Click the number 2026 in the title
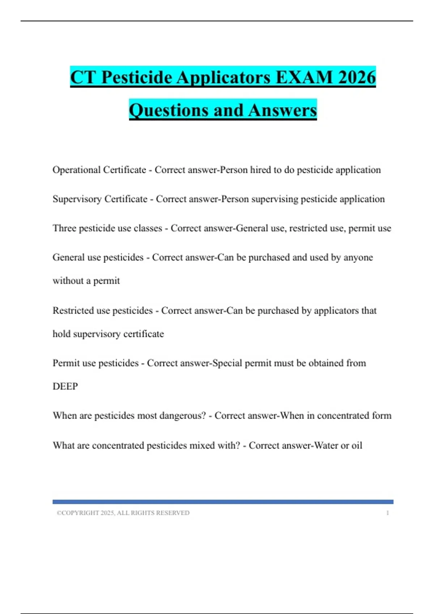pos(357,77)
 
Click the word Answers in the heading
pos(282,110)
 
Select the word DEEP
pos(65,386)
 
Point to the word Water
pos(326,445)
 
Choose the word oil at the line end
pos(357,445)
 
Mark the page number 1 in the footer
pos(387,513)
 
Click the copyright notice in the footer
pos(123,513)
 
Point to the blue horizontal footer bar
pos(223,502)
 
